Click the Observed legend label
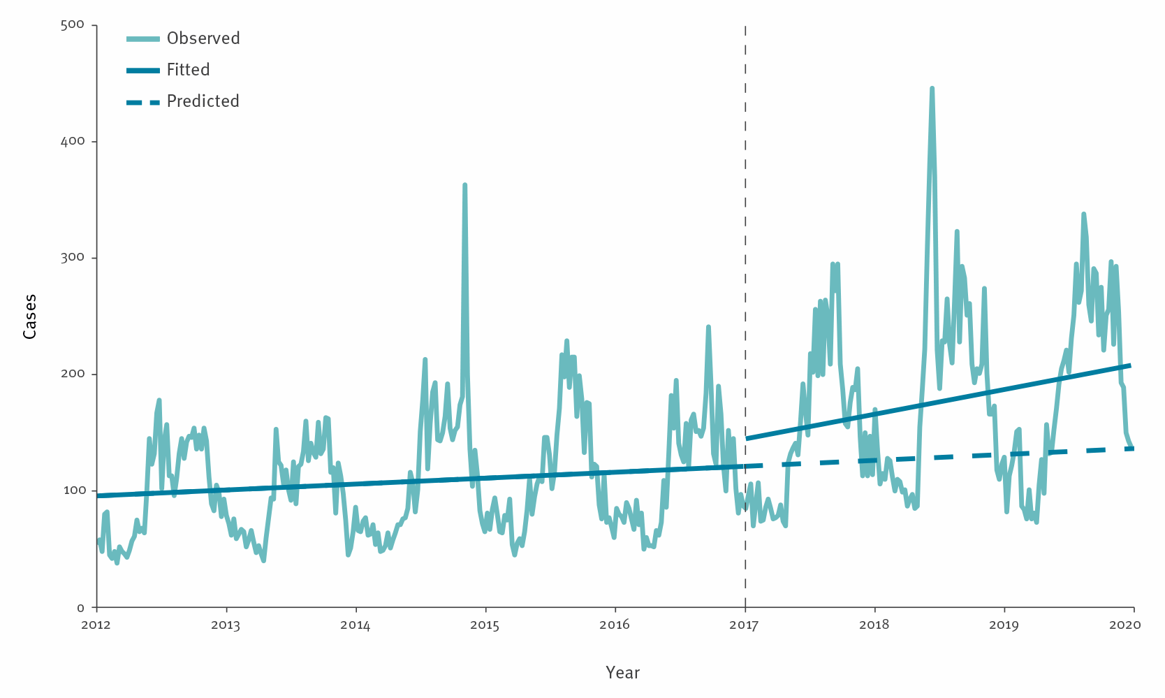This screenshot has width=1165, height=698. (203, 38)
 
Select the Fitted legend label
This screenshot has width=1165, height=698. (188, 70)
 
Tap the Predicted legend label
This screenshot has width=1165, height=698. (203, 101)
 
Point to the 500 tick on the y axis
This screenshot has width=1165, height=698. (73, 24)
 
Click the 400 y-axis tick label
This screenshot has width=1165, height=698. (73, 141)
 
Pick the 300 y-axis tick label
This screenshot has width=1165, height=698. (73, 257)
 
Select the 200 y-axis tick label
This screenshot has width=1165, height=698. (73, 374)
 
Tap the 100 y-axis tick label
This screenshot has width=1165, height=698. (73, 490)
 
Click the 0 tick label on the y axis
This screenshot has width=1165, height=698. (80, 608)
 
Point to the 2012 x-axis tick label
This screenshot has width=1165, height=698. (96, 625)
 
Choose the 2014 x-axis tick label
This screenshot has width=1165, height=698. (356, 625)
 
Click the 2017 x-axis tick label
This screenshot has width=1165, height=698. (745, 625)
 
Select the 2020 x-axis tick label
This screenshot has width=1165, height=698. (1124, 625)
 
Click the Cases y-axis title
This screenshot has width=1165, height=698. (29, 317)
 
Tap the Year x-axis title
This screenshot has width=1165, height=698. (622, 673)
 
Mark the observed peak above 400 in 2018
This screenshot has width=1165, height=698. (932, 89)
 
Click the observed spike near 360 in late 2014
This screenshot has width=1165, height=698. (464, 185)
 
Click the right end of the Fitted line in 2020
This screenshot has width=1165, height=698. (1129, 365)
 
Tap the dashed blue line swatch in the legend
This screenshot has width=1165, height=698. (143, 102)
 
